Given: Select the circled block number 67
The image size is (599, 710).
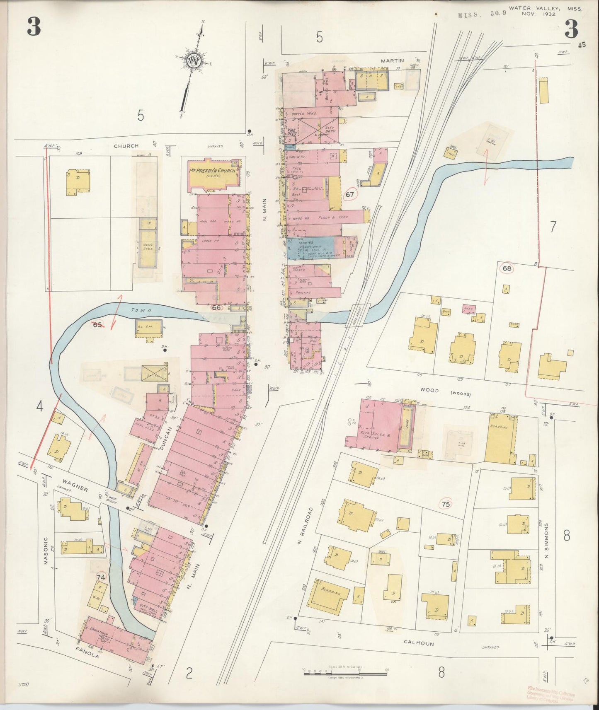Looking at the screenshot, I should coord(350,194).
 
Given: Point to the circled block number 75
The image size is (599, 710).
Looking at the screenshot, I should coord(446,504).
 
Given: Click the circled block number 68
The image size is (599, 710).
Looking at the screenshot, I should coord(507,268).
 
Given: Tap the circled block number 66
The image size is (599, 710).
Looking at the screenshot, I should coord(216,307).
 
